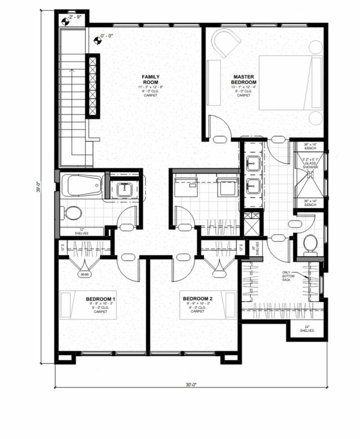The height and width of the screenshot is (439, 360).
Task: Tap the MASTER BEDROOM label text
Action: [x=244, y=79]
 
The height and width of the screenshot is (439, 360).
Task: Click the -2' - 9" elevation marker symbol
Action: [x=66, y=22]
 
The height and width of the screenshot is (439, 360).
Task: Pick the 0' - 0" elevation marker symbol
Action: [x=98, y=39]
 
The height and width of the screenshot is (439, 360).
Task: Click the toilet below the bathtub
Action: [x=71, y=212]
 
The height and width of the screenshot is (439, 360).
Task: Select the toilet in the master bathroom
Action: [x=310, y=242]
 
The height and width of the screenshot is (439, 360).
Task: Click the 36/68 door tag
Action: [x=85, y=273]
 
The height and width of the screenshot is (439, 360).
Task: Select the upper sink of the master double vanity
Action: [x=254, y=164]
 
